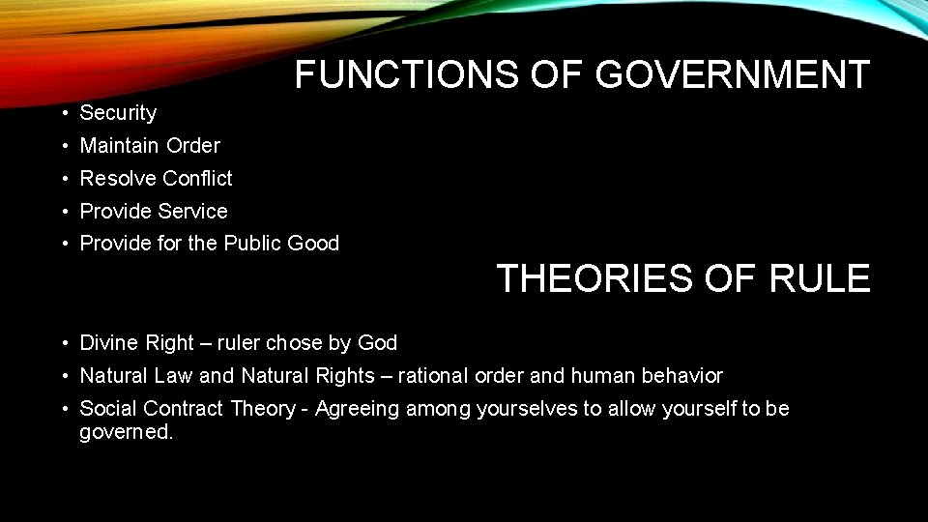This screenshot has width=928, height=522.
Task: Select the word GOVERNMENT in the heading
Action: point(733,74)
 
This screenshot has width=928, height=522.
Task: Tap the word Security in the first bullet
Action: point(118,113)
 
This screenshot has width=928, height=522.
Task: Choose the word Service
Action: point(195,212)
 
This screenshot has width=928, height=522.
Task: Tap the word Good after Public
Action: point(313,244)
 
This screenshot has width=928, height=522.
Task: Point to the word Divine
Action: point(108,343)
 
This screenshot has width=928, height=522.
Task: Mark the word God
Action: point(377,343)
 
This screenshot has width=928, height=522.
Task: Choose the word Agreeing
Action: point(357,410)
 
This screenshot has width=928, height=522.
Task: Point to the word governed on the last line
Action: point(126,432)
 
